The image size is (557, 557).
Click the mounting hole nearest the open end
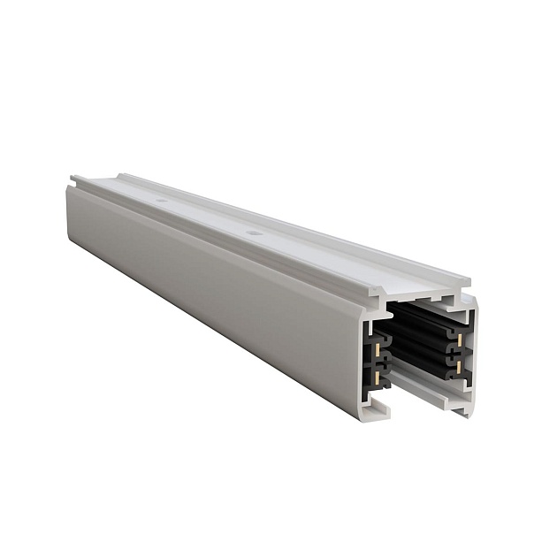pos(255,234)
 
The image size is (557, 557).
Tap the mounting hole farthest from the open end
pos(163,202)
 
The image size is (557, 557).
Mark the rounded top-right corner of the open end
pos(472,305)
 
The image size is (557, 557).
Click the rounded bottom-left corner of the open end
pos(368,414)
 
